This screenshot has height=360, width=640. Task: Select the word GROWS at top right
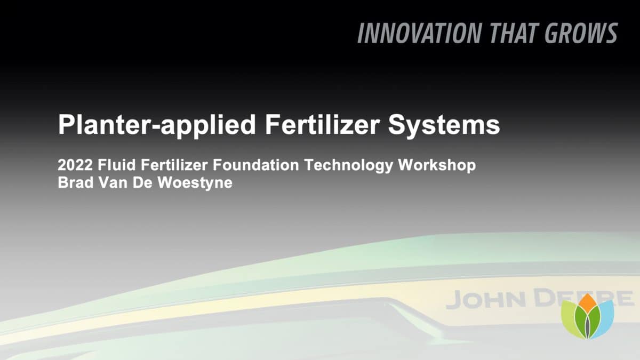(581, 33)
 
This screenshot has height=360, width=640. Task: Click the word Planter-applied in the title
(157, 125)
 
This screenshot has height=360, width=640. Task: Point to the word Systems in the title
(444, 125)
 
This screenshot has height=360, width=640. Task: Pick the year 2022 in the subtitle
(75, 165)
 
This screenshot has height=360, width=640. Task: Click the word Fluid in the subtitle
(117, 165)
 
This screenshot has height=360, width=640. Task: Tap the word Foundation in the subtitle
(255, 165)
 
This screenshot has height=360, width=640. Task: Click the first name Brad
(76, 182)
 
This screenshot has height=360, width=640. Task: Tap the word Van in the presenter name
(113, 182)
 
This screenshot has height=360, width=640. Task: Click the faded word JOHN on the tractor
(485, 300)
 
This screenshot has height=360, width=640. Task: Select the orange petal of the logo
(587, 303)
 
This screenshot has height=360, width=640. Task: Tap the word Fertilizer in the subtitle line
(174, 165)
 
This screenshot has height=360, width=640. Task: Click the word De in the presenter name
(142, 182)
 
